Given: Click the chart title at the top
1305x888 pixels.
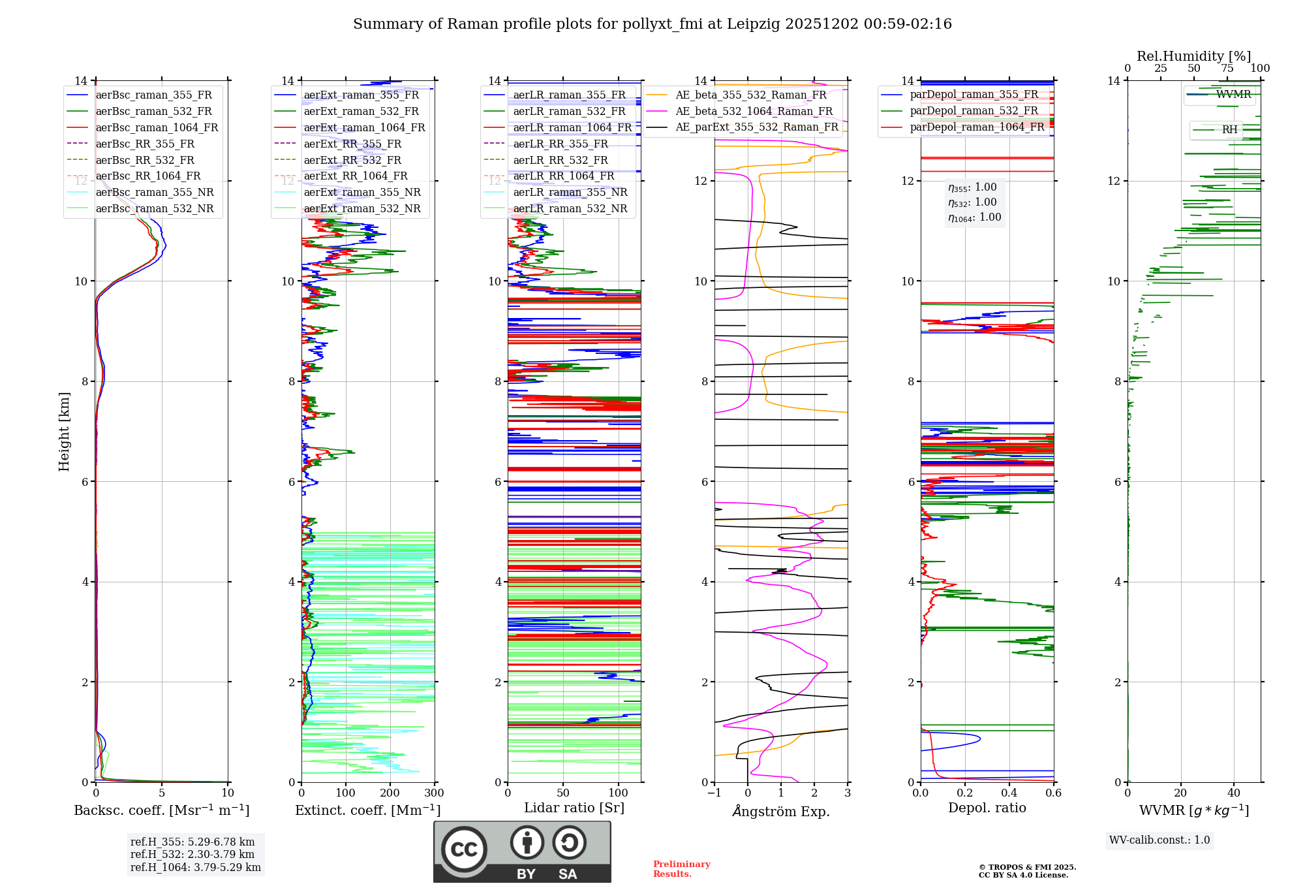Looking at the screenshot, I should click(x=652, y=24).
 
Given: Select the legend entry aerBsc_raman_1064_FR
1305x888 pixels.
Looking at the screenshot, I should click(x=157, y=127).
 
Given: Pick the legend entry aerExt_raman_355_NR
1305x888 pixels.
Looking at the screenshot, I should click(x=362, y=192).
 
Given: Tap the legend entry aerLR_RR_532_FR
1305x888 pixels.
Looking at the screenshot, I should click(x=560, y=160).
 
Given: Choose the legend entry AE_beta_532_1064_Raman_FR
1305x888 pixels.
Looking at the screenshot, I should click(x=754, y=111).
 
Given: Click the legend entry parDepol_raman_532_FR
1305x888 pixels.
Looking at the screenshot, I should click(x=974, y=110).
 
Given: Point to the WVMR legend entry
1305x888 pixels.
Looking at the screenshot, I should click(x=1233, y=95).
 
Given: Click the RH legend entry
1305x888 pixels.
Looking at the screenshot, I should click(x=1229, y=130).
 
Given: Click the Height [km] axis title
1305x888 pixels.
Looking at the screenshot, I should click(x=64, y=431).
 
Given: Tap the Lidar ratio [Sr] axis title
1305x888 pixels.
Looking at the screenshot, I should click(x=574, y=808).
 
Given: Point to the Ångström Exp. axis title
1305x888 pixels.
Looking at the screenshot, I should click(x=781, y=812).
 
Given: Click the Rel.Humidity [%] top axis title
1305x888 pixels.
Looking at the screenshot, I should click(x=1193, y=56).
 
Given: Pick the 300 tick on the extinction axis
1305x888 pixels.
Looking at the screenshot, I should click(x=434, y=793).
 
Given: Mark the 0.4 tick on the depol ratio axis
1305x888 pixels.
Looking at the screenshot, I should click(x=1009, y=793).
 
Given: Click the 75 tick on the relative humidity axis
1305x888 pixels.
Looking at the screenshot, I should click(x=1227, y=69).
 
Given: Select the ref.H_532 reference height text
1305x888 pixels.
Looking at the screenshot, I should click(x=192, y=854).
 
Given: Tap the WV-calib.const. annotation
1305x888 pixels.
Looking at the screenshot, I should click(x=1159, y=840).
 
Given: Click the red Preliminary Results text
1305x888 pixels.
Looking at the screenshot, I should click(x=681, y=869).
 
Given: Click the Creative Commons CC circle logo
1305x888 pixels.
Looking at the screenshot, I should click(x=464, y=849).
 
